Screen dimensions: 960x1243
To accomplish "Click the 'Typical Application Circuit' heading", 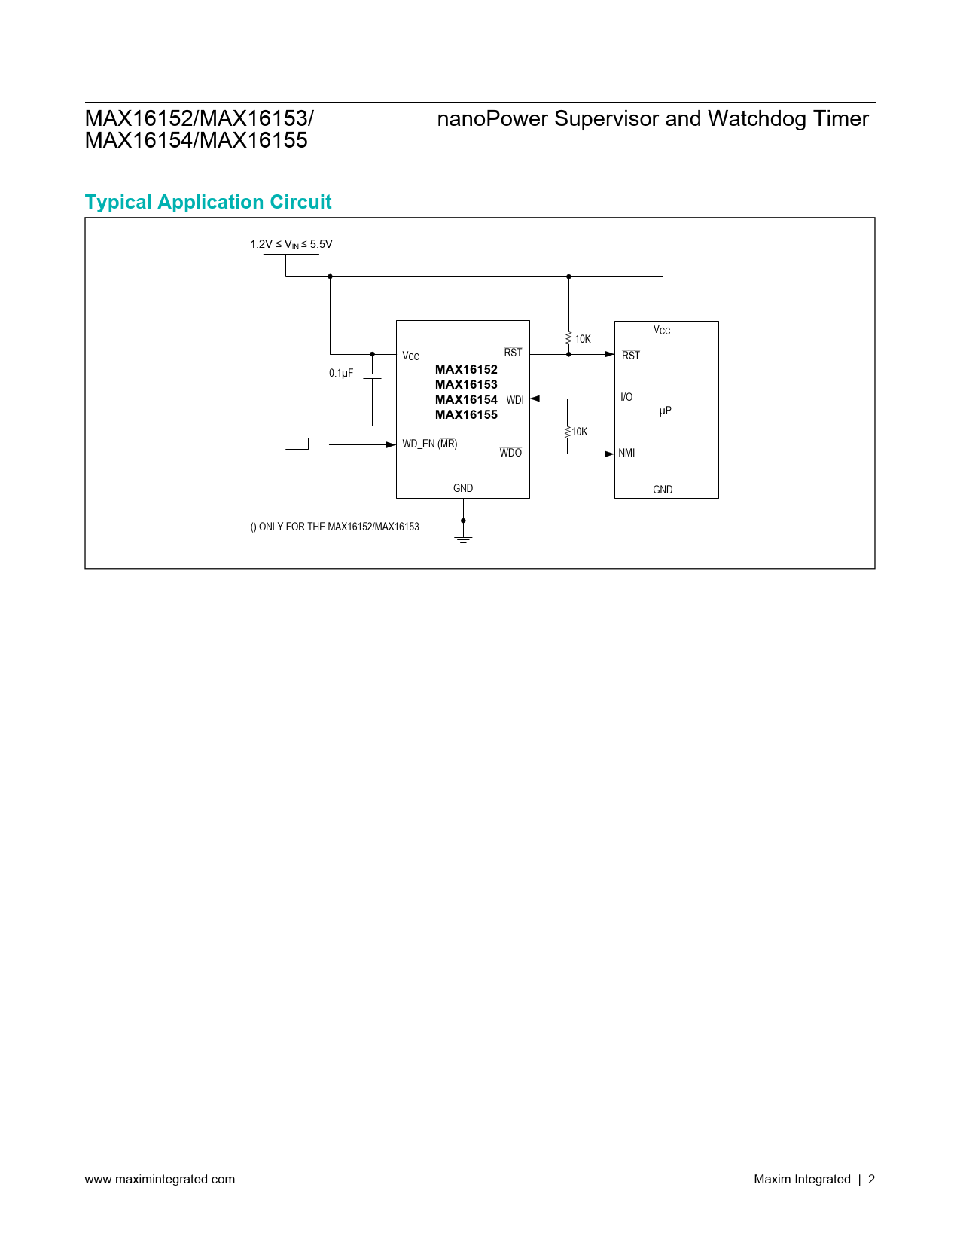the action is point(208,202).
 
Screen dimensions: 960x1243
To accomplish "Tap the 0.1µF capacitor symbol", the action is point(372,376).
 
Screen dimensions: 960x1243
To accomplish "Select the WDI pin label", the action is point(515,400).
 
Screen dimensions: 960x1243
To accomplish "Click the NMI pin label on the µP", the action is point(626,453).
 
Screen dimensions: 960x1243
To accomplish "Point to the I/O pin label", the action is point(626,397).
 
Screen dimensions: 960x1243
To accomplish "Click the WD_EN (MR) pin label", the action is point(429,444).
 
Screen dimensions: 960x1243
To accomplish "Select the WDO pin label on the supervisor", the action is point(510,453).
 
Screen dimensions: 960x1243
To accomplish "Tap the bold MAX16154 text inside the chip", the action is point(466,399).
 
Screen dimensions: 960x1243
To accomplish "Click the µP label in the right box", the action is point(665,411).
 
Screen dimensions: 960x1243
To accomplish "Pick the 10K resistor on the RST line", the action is point(568,338).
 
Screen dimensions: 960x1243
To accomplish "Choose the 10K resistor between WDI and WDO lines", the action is point(567,432).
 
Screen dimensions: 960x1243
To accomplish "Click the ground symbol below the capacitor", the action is point(372,429).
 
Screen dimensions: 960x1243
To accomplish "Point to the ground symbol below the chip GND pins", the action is point(463,539).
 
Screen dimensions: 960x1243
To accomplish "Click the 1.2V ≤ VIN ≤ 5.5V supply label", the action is point(291,244).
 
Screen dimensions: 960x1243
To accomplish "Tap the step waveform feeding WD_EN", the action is point(308,444).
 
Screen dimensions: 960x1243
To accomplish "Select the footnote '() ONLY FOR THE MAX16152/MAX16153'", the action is point(334,527).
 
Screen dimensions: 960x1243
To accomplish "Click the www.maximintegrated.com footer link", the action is point(160,1179).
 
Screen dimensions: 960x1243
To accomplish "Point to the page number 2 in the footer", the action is point(871,1179).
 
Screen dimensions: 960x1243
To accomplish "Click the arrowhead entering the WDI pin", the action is point(535,399).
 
